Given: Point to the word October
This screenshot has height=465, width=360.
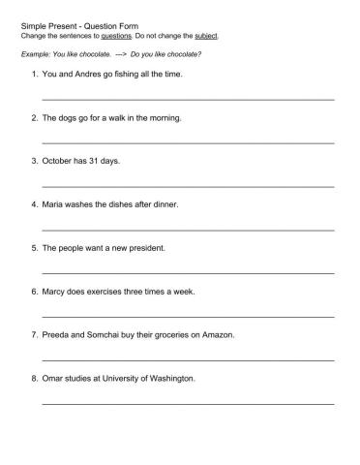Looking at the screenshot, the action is click(60, 161).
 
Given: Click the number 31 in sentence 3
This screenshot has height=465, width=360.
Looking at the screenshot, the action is click(96, 161).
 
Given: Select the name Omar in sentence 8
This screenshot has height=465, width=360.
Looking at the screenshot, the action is click(55, 379).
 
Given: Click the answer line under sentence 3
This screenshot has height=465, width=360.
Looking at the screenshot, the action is click(188, 185).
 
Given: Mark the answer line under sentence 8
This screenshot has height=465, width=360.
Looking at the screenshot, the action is click(188, 403).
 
